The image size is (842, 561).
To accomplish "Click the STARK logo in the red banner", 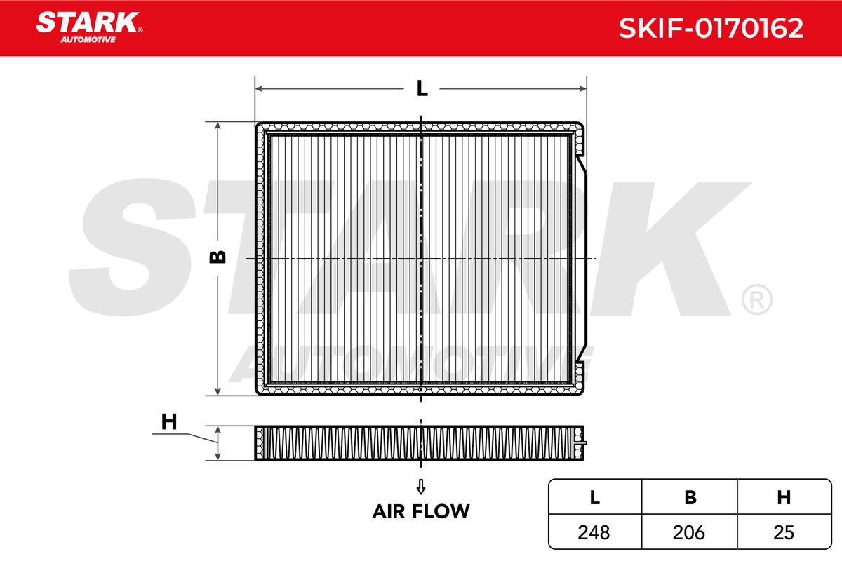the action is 89,27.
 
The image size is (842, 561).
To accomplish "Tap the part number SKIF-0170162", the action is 711,28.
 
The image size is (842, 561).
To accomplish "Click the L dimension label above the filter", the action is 422,88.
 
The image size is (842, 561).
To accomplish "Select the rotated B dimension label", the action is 218,257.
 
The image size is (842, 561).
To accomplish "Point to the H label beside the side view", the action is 169,421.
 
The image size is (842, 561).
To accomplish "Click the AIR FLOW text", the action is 421,511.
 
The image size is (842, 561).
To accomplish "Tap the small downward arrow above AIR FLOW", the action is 421,487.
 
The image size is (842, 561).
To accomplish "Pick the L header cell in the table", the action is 595,496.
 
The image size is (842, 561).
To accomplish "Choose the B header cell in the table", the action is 690,496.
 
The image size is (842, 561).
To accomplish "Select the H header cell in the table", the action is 784,496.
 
